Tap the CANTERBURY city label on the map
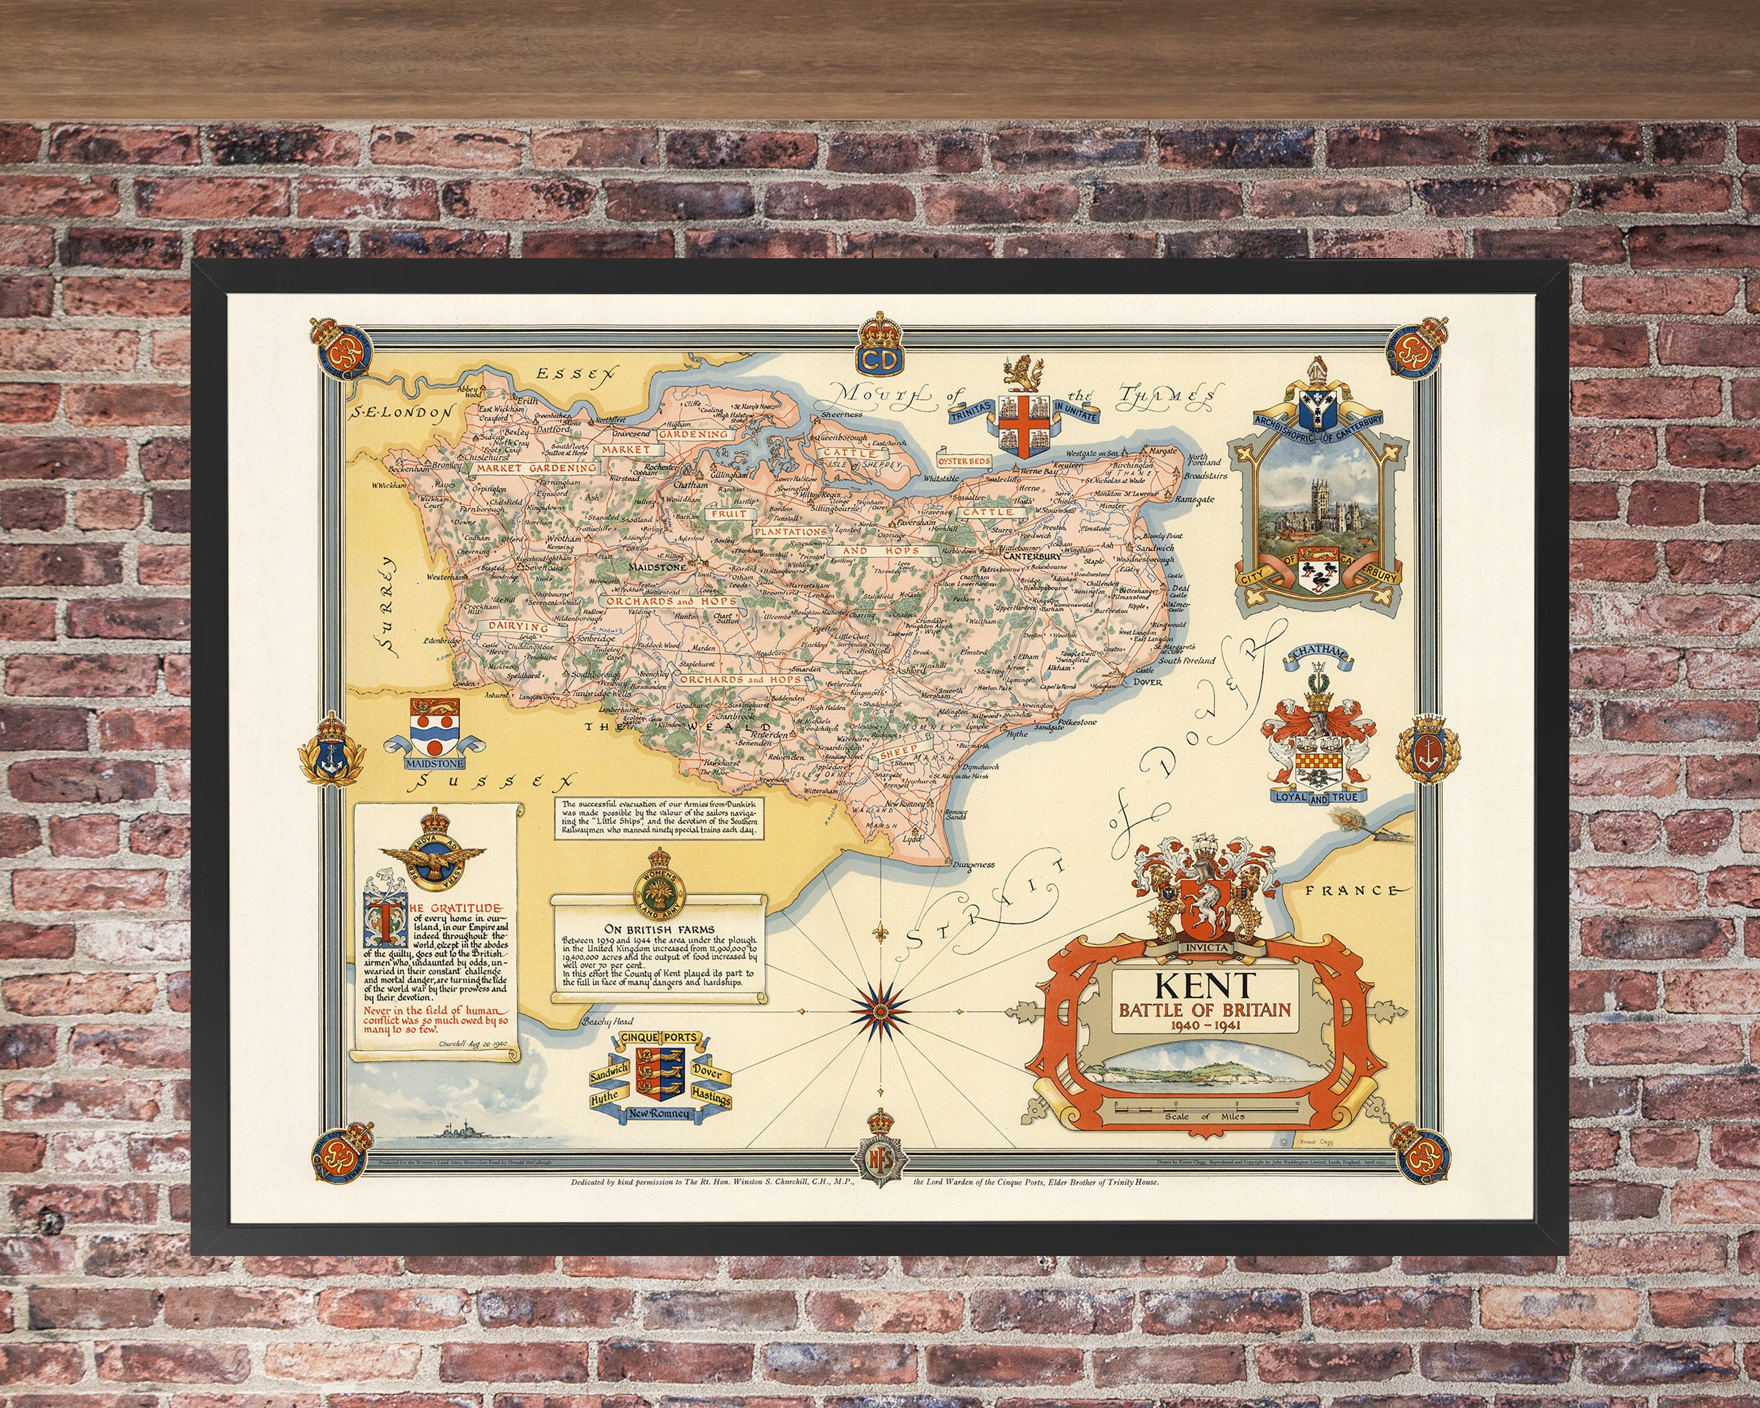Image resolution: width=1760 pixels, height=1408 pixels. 1032,557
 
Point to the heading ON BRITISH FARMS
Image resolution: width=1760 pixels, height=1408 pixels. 659,929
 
